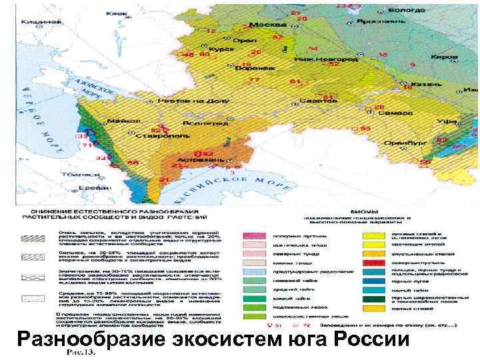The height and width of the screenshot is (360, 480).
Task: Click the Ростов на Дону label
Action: tap(190, 101)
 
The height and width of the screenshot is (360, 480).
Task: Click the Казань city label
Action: tap(422, 85)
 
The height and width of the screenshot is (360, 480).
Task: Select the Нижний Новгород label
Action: tap(319, 57)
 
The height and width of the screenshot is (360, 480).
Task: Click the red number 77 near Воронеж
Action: tap(253, 80)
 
